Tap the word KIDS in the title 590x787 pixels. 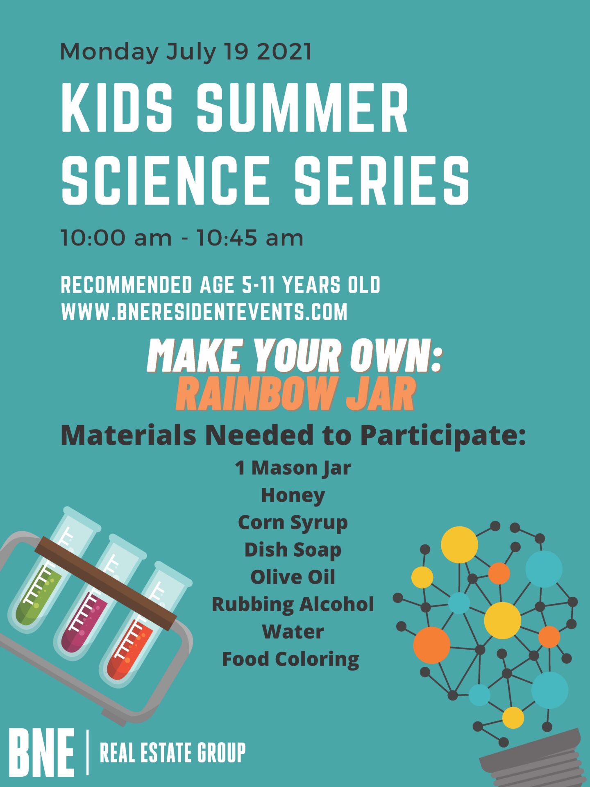118,108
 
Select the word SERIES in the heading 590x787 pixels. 382,180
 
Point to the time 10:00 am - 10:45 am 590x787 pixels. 182,238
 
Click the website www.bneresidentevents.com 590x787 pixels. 204,312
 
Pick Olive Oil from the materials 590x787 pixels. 293,577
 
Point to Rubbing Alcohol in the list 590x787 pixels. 293,605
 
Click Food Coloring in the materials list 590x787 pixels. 290,660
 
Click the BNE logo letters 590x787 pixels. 41,753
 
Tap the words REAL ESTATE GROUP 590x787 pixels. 172,753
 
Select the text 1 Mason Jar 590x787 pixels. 293,468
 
